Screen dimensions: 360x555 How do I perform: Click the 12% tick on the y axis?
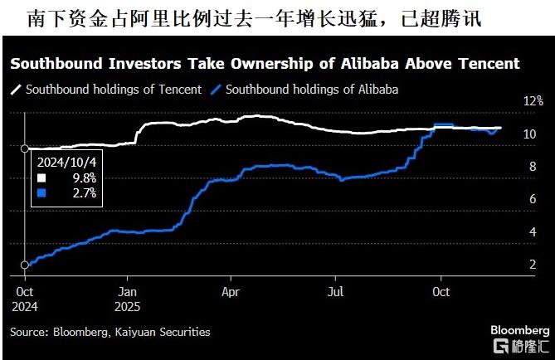click(530, 100)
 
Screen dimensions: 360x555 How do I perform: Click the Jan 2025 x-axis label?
click(127, 298)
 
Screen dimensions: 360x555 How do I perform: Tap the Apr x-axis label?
click(231, 292)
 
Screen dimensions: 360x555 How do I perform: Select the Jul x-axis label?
click(335, 292)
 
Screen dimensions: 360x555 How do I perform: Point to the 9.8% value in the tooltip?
click(83, 178)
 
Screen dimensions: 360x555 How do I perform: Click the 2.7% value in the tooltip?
click(83, 192)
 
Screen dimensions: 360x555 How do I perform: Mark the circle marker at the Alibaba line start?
click(24, 265)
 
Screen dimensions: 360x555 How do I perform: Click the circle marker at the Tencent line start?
click(24, 148)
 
